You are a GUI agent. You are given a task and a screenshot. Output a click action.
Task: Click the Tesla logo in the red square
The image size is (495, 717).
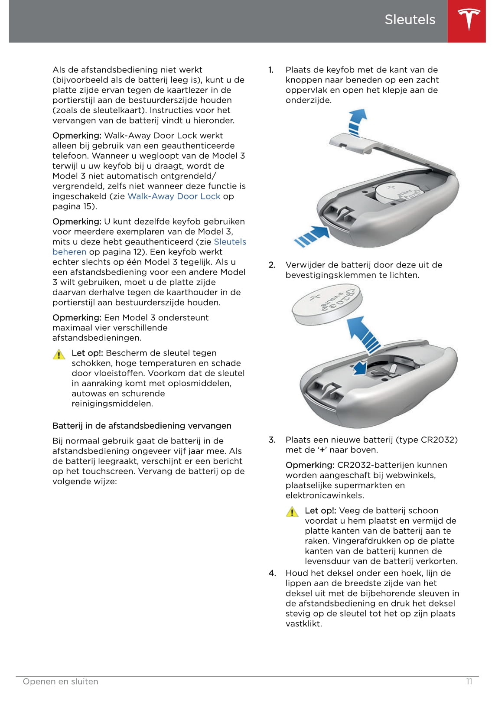tap(469, 20)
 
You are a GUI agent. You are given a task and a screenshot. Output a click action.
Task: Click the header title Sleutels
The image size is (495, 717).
tap(410, 20)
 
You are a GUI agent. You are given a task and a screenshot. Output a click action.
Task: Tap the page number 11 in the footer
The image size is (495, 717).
tap(469, 681)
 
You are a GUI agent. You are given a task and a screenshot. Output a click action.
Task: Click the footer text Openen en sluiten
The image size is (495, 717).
tap(61, 681)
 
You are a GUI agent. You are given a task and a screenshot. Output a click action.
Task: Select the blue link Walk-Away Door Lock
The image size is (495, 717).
tap(174, 196)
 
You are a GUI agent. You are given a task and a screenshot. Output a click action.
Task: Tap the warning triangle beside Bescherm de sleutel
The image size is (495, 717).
tap(59, 355)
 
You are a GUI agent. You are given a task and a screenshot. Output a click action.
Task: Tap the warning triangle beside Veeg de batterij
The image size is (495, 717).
tap(292, 512)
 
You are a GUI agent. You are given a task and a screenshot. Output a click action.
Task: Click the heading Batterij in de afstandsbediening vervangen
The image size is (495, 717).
tap(142, 425)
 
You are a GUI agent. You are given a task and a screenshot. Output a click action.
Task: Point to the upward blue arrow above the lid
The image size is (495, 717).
tap(357, 122)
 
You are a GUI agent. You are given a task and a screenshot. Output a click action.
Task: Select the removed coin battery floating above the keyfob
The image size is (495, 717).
tap(327, 306)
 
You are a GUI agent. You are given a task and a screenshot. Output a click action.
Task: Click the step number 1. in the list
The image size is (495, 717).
tap(271, 70)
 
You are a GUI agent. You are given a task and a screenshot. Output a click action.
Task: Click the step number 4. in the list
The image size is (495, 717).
tap(272, 573)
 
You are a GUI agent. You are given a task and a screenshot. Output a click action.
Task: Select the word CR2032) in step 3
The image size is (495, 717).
tap(439, 440)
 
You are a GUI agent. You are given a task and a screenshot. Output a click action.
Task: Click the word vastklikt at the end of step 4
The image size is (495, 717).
tap(303, 623)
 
